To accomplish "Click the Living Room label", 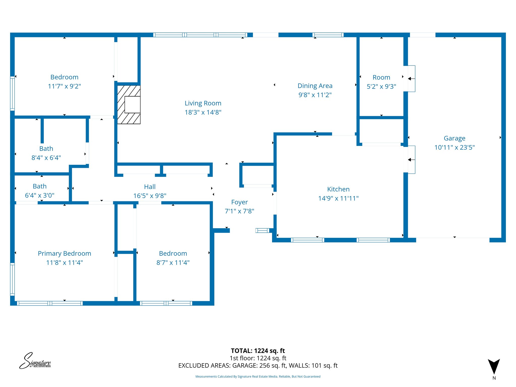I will coord(203,103).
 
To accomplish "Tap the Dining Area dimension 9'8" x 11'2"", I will coord(315,95).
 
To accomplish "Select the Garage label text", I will coord(454,138).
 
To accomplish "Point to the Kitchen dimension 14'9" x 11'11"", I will coord(338,198).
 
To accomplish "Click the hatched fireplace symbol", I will coord(129,105).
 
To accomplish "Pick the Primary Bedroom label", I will coord(64,253).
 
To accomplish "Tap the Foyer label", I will coord(239,202).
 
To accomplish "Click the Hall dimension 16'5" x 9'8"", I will coord(150,196).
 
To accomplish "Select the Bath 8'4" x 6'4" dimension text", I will coord(46,158).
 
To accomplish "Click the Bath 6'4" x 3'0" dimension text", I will coord(40,195).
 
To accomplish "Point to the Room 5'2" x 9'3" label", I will coord(381,77).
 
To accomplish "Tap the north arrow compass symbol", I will coord(494,367).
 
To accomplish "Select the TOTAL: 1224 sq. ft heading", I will coord(258,351).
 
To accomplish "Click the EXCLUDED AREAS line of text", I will coord(258,366).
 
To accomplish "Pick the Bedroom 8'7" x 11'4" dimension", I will coord(173,263).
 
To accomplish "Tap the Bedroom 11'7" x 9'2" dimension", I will coord(64,86).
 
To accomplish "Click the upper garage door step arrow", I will coord(411,79).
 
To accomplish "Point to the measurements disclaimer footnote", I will coord(258,376).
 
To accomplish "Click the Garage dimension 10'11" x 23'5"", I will coord(454,147).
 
